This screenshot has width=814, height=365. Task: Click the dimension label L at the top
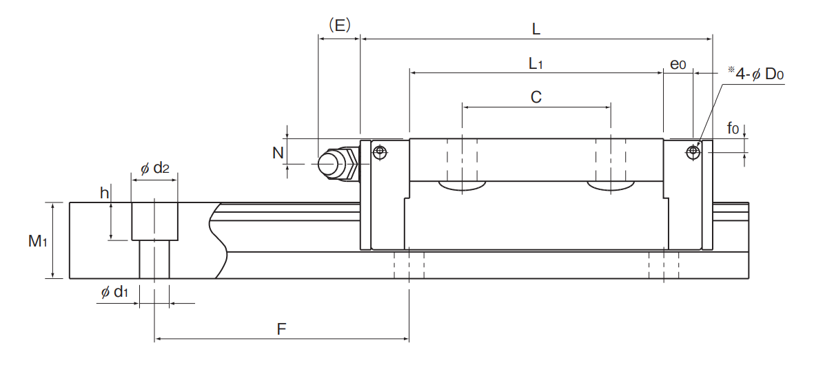(536, 29)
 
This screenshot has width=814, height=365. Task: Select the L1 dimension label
(536, 64)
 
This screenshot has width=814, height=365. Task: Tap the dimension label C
(536, 97)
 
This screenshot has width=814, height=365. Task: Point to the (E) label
(340, 25)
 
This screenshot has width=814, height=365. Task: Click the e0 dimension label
(678, 64)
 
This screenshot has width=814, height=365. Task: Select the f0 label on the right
(733, 127)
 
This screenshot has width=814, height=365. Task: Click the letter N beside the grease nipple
(278, 152)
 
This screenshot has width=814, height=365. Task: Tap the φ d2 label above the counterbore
(154, 168)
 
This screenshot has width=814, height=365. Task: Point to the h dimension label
(105, 194)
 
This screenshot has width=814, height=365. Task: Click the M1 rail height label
(37, 241)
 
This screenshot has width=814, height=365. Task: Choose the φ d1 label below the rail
(114, 293)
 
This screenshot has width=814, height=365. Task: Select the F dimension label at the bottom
(281, 329)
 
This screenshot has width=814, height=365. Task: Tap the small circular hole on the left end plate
(381, 152)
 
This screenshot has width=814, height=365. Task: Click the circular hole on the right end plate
(693, 152)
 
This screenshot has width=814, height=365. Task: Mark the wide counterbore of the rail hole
(154, 221)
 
